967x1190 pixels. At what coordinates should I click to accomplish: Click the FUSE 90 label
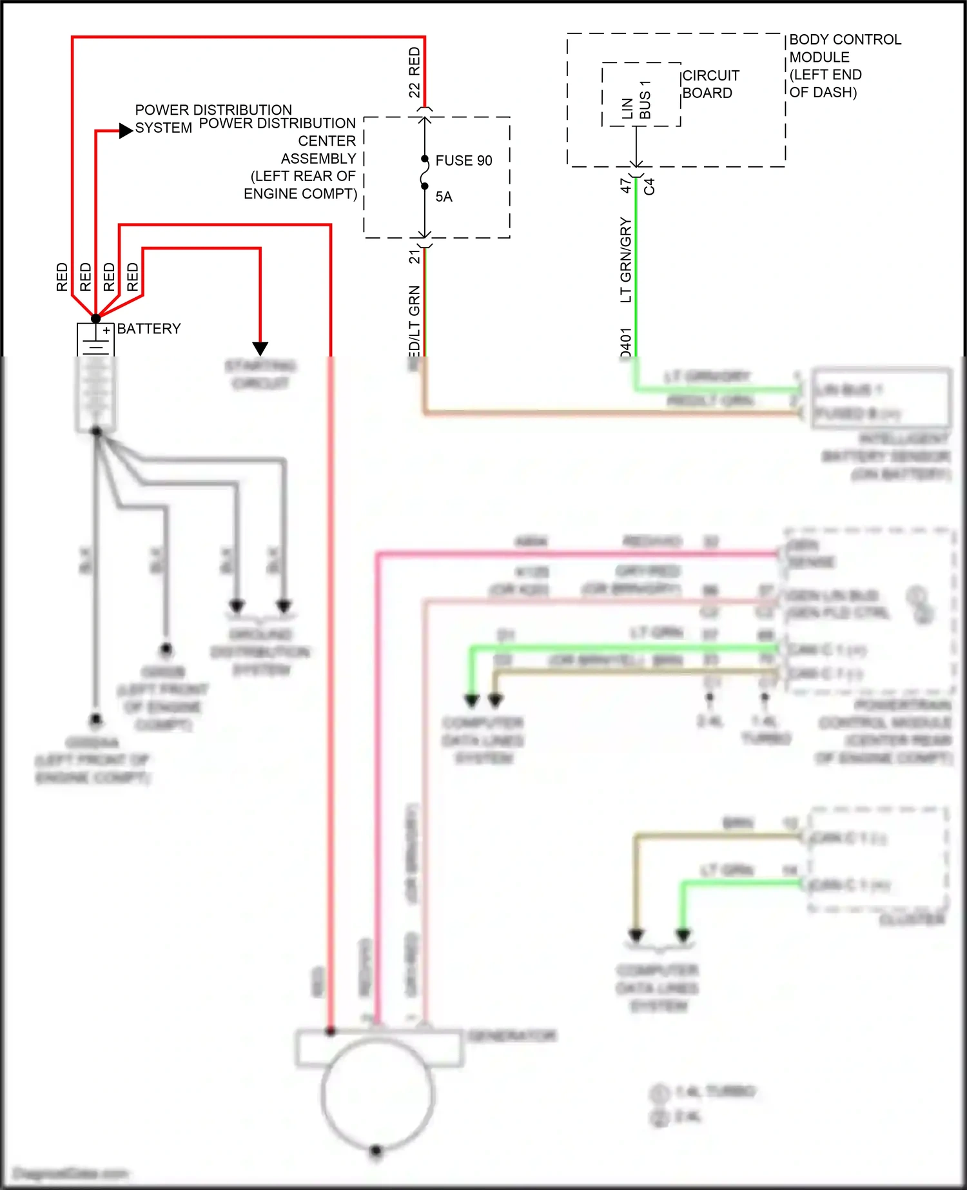(x=464, y=161)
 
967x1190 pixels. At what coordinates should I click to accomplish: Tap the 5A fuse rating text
(x=444, y=197)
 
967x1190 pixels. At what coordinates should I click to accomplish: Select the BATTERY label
(x=149, y=329)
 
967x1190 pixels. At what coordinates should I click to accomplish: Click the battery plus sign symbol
(x=106, y=331)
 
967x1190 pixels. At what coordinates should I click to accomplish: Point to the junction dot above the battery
(x=95, y=318)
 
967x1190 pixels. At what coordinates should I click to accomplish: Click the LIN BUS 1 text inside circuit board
(x=636, y=101)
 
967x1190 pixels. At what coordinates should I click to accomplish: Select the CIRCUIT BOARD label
(x=710, y=84)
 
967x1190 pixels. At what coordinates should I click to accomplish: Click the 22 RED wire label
(x=414, y=72)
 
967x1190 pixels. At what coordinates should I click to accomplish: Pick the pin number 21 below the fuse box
(x=414, y=257)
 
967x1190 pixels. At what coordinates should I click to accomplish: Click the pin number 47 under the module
(x=625, y=186)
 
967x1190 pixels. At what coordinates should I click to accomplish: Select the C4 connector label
(x=649, y=186)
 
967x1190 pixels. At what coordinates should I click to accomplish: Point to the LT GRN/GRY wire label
(x=625, y=260)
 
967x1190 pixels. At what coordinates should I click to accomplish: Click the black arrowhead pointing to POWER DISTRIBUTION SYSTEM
(x=126, y=131)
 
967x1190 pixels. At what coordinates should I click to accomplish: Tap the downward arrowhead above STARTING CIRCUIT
(x=260, y=349)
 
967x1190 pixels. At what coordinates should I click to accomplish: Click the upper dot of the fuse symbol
(x=425, y=159)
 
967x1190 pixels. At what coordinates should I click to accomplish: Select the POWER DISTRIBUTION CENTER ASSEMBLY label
(x=300, y=159)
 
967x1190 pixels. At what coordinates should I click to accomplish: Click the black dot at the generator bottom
(x=376, y=1150)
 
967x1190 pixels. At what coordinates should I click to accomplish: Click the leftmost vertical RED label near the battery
(x=62, y=277)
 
